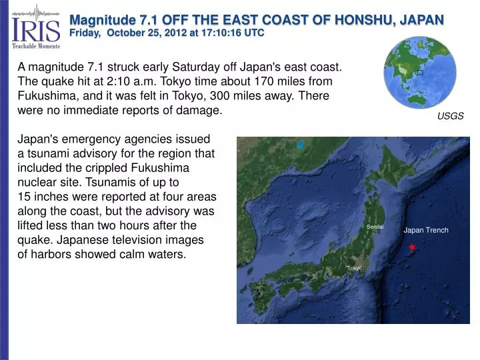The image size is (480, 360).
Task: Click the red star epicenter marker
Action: click(x=412, y=247)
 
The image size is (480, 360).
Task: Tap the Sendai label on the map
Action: click(x=375, y=227)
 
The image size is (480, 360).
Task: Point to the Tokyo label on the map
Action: click(x=354, y=268)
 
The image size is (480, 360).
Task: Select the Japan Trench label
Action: click(x=426, y=231)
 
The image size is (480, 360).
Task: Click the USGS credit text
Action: click(x=450, y=116)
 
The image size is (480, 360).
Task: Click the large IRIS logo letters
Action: click(x=35, y=29)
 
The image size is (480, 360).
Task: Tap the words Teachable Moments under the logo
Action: click(x=35, y=46)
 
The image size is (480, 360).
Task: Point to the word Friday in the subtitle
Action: click(x=87, y=33)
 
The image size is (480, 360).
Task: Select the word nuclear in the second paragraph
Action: click(x=37, y=182)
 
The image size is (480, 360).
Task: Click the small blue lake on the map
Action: click(x=301, y=145)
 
